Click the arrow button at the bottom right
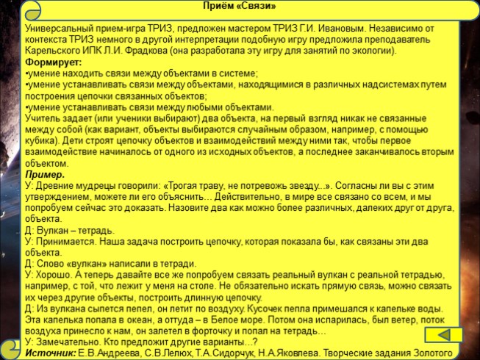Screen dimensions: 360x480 click(x=443, y=334)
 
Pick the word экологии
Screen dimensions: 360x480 click(x=370, y=51)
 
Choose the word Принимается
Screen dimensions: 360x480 click(x=67, y=240)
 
